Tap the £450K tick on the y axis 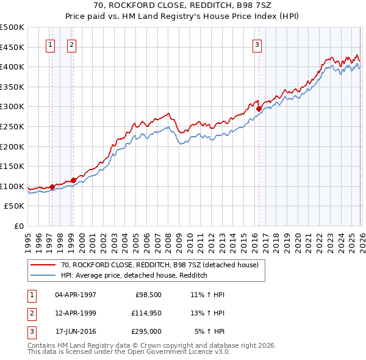12,47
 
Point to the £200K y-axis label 12,146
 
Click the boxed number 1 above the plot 50,44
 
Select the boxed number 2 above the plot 71,44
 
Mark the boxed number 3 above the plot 257,44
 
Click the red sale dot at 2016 259,109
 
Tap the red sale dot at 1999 73,180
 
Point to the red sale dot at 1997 52,187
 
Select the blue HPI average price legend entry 134,276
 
